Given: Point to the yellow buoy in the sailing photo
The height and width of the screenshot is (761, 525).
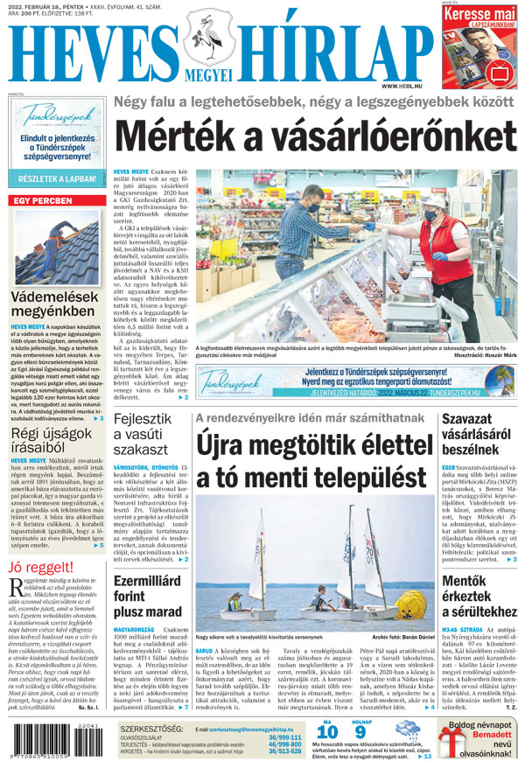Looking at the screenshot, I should pos(411,603).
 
